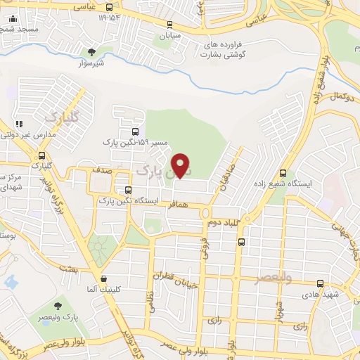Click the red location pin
pos(181,165)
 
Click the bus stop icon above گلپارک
pos(42,156)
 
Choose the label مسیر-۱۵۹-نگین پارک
pos(135,143)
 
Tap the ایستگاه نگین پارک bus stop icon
pos(128,190)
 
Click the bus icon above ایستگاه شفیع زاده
pos(283,173)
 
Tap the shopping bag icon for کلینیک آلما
pos(103,278)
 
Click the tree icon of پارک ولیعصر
pos(58,307)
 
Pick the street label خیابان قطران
pos(181,275)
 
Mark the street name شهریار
pos(278,308)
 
